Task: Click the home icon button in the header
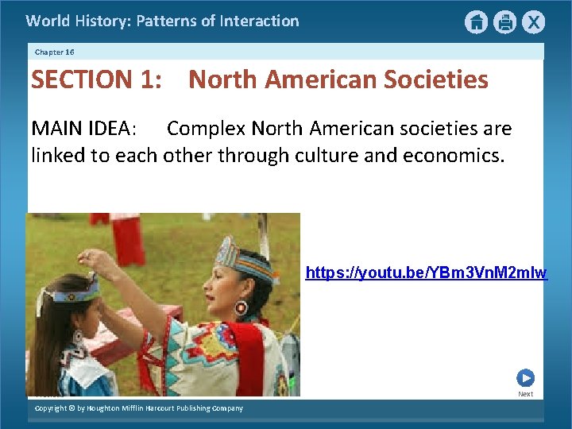click(476, 22)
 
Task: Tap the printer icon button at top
click(504, 22)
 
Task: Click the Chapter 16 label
click(54, 52)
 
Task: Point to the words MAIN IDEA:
click(83, 129)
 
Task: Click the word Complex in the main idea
click(206, 129)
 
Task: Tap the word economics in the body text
click(453, 155)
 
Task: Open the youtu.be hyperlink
click(427, 273)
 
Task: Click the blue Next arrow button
click(525, 378)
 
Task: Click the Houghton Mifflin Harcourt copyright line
click(139, 408)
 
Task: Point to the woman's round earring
click(241, 307)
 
